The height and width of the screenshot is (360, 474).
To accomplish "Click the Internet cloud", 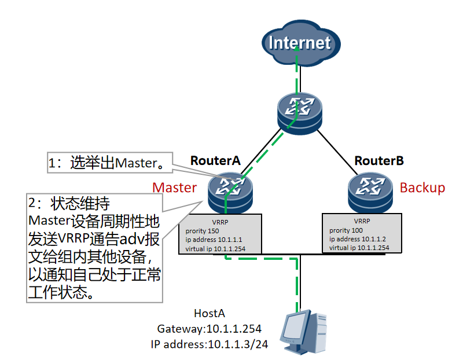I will point(300,43).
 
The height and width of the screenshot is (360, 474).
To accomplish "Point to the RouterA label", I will point(215,160).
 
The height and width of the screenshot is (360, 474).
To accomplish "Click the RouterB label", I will point(379,160).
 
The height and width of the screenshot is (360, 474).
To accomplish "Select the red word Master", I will point(174,188).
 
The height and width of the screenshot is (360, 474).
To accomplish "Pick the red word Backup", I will point(422,188).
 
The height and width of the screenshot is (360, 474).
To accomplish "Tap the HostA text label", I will point(209,314).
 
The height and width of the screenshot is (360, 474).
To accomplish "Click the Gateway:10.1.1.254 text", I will point(209,329).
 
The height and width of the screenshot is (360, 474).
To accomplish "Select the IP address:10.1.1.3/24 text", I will point(209,344).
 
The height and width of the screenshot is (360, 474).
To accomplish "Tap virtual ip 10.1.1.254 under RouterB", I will point(359,248).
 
